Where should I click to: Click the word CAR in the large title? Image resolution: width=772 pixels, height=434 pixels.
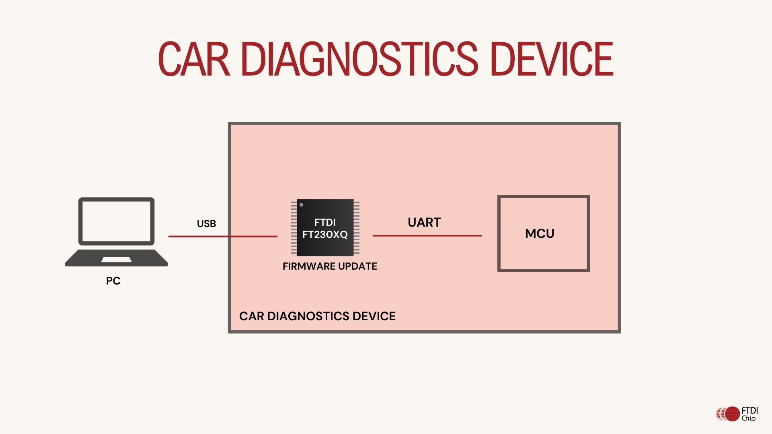194,59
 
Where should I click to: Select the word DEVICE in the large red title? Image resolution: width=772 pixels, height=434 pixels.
551,59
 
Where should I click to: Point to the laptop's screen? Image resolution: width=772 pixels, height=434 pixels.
116,221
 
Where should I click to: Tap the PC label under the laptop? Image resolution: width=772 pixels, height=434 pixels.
113,281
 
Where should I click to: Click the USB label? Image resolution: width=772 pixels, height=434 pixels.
206,224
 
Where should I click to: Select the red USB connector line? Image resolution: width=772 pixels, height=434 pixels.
223,236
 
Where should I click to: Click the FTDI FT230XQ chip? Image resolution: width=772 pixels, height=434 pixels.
325,227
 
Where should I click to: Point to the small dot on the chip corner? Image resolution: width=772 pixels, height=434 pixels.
302,205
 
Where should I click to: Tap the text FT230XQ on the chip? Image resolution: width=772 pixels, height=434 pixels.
325,235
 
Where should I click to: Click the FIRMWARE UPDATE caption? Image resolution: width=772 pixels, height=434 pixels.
330,266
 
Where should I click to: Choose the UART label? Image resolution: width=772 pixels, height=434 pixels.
424,222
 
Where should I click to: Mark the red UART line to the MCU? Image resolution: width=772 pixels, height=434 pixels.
427,235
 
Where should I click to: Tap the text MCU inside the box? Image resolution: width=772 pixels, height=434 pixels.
540,233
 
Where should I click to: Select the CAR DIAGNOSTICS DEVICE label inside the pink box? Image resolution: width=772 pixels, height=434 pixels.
317,316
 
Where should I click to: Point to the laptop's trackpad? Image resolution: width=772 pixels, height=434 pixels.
116,260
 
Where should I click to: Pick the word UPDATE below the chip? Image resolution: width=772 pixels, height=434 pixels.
357,266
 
